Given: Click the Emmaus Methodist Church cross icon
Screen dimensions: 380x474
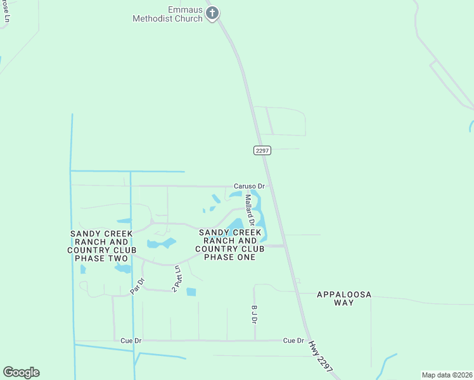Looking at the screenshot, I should pos(213,13).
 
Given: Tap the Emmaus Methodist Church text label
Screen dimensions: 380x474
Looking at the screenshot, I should pos(168,15).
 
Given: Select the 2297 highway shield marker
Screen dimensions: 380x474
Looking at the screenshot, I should pos(262,150).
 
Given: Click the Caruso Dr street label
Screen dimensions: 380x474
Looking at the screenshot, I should pos(248,186).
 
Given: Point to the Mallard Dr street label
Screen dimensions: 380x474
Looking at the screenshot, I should pos(249,210).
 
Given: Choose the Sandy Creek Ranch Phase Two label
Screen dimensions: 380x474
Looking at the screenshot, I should pos(101,246).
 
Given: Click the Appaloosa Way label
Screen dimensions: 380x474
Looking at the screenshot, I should pos(343,298).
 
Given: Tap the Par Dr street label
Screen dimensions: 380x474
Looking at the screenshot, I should pos(138,286).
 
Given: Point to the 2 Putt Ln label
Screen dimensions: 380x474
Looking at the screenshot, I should pos(177,279).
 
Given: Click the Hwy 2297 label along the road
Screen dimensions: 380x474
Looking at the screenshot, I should pos(321,357).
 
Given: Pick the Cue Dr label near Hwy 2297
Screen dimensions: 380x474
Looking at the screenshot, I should pos(293,340).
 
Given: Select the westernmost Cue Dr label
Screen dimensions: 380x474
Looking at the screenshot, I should pos(131,341).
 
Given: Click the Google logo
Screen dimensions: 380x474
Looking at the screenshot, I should pos(21,372).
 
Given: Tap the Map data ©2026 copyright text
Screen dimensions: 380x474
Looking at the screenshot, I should pos(446,375).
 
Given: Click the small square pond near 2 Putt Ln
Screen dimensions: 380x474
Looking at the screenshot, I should pos(191,292).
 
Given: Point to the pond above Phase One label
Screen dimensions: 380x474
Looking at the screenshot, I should pos(236,224).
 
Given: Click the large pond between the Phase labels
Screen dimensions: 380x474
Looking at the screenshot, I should pos(162,243).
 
